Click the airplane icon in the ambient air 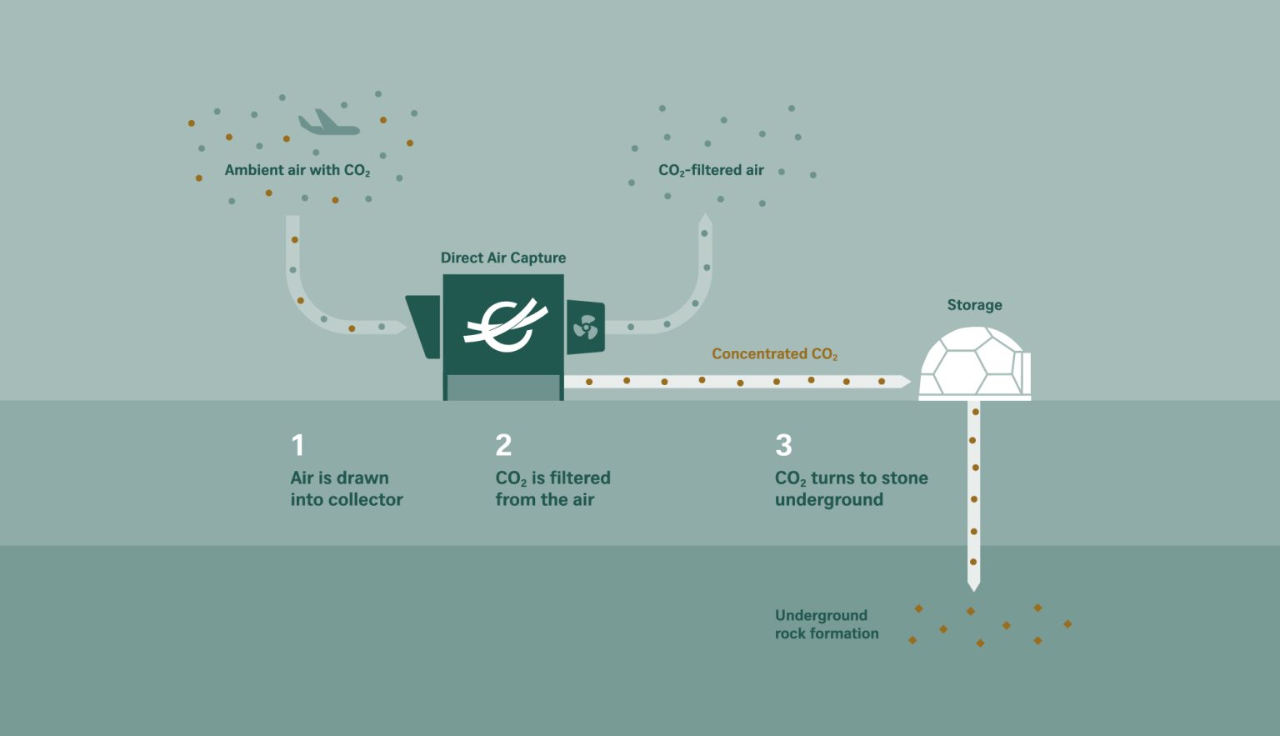pos(328,123)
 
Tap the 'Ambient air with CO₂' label pos(297,170)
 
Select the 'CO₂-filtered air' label pos(711,170)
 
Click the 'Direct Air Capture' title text pos(502,258)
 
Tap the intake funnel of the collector pos(423,327)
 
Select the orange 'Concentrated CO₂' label pos(774,354)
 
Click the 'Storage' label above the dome pos(974,305)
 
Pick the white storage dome pos(974,363)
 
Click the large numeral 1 pos(297,445)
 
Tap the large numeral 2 pos(503,445)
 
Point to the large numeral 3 pos(783,445)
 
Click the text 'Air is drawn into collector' pos(347,488)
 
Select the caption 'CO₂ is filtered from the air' pos(552,488)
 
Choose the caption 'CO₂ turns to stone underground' pos(852,488)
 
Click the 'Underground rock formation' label pos(827,624)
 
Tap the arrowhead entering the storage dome pos(906,381)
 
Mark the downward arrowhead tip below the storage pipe pos(973,592)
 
